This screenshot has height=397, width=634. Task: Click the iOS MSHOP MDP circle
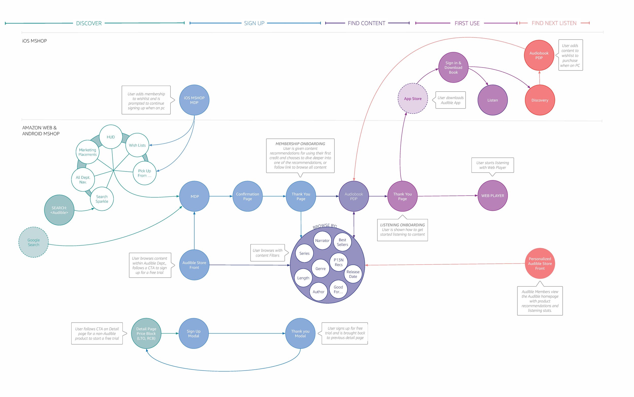click(x=194, y=100)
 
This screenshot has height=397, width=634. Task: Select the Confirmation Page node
click(x=248, y=196)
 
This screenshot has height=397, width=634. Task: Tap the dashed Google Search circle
click(x=33, y=242)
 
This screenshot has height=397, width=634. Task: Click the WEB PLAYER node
click(x=492, y=196)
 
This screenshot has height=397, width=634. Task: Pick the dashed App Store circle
click(x=413, y=98)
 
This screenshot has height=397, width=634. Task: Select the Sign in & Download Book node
click(x=453, y=67)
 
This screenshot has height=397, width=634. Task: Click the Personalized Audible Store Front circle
click(x=540, y=263)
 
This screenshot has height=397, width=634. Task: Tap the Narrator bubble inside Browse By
click(x=322, y=240)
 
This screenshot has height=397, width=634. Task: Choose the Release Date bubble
click(x=353, y=274)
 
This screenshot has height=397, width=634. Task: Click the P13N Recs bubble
click(x=339, y=262)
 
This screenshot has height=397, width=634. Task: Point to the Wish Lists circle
click(x=137, y=145)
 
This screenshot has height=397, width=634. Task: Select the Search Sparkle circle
click(x=102, y=199)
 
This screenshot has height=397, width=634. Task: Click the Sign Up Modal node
click(x=194, y=334)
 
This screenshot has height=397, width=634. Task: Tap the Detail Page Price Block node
click(x=146, y=334)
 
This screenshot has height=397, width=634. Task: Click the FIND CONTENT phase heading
click(x=366, y=23)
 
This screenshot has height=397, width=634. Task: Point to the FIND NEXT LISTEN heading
click(x=554, y=23)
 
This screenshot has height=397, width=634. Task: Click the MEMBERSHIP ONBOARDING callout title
click(x=300, y=144)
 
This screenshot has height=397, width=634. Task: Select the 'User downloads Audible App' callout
click(x=450, y=100)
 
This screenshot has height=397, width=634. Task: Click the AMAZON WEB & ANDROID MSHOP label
click(x=41, y=130)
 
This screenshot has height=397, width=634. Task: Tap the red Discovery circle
click(x=540, y=100)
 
